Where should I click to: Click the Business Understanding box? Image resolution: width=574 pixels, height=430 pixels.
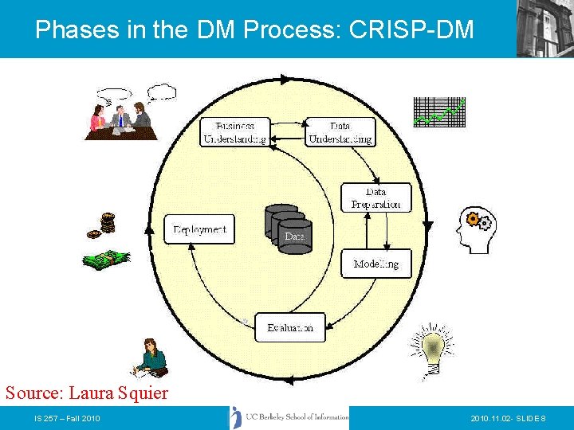click(234, 132)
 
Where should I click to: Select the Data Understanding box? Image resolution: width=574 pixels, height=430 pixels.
click(340, 132)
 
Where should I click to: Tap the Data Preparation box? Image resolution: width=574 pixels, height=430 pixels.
click(376, 198)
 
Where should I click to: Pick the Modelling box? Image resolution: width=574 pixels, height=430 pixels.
click(376, 264)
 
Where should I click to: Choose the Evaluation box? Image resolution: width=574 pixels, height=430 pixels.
click(290, 327)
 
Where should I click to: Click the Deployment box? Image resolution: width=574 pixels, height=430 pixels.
click(199, 229)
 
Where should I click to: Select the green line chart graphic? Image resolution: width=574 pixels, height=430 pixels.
click(438, 111)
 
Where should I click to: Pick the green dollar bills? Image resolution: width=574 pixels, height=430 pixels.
click(106, 260)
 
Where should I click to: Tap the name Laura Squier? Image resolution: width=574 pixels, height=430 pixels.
click(119, 393)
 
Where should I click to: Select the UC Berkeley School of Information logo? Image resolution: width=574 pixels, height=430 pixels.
click(290, 417)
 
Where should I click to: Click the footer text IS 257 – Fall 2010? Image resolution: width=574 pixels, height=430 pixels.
click(67, 418)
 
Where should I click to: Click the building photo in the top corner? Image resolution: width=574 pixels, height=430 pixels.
click(545, 28)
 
